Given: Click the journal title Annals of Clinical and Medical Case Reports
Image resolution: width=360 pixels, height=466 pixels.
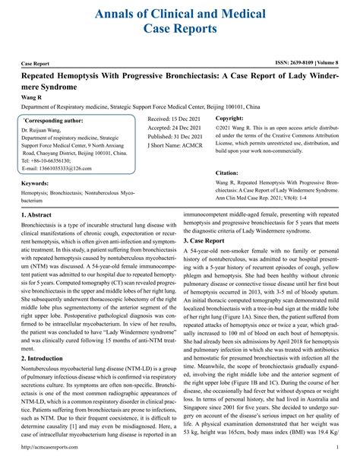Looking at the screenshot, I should point(180,21).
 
